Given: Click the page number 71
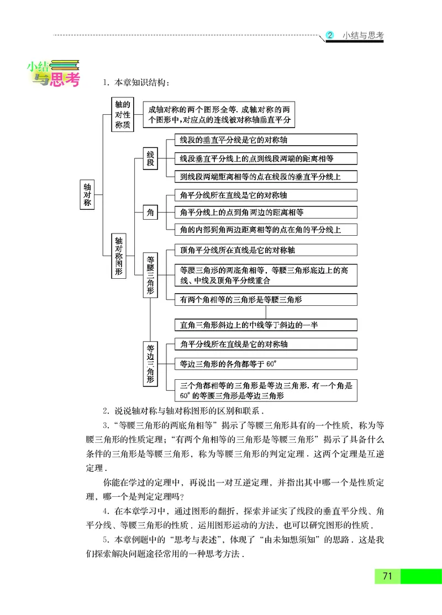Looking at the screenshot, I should coord(387,576).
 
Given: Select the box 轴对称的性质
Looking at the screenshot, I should coord(123,114).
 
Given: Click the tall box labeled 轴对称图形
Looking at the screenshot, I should coord(118,255).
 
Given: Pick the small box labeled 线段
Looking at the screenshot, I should coord(150,159).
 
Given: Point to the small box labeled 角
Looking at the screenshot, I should coord(150,212).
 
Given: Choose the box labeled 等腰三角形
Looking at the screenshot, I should coord(150,274).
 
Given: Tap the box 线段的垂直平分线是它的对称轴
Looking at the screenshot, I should coord(265,140).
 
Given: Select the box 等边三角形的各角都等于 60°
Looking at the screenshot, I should coord(265,364).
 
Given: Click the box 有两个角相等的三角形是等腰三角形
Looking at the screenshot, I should coord(265,300).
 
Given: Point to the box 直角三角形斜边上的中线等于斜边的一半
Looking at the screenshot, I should coord(265,325).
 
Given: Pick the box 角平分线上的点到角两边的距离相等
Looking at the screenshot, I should coord(265,212).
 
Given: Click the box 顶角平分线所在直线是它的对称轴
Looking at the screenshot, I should coord(265,250).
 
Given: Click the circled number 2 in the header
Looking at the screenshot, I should coord(330,35).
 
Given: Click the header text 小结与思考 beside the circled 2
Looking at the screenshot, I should coord(362,35).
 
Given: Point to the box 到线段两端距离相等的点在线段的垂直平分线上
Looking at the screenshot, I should coord(265,177).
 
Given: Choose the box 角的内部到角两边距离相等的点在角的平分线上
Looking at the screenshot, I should coord(265,229).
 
